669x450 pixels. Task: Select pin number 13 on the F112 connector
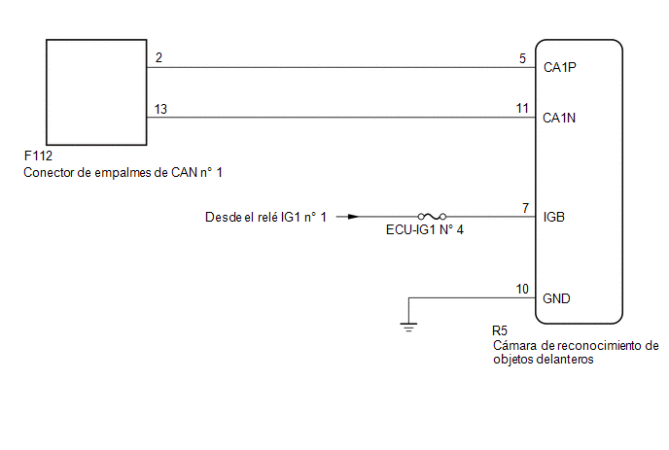[x=160, y=109]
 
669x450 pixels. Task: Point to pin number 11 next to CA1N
[x=522, y=109]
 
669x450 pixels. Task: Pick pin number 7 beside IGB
[x=525, y=208]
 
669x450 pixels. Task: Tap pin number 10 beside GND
[x=522, y=289]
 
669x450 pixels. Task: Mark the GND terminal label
[x=557, y=298]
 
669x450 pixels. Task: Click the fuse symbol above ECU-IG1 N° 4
[x=432, y=217]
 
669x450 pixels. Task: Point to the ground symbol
[x=408, y=327]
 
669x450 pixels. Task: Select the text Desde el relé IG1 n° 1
[x=266, y=217]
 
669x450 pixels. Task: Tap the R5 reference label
[x=502, y=331]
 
